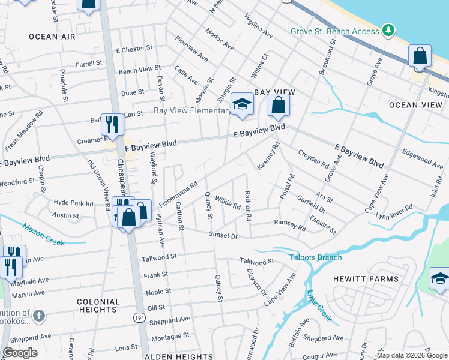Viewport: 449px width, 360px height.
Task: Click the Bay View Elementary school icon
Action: pos(242,104)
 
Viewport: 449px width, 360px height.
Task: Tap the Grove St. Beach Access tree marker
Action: pos(388,30)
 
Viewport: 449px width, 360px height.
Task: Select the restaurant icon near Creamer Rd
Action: pos(112,124)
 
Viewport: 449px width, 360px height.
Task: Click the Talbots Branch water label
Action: pos(316,257)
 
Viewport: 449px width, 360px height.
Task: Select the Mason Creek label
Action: pos(43,235)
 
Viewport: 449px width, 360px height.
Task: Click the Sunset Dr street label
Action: pos(223,236)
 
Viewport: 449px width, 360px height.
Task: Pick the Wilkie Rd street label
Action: pos(228,204)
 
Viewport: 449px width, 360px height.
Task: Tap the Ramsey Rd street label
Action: pos(290,224)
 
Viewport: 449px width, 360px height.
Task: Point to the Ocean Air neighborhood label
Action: pos(53,37)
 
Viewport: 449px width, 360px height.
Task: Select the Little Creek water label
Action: pos(319,305)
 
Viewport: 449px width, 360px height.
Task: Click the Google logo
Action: pos(20,353)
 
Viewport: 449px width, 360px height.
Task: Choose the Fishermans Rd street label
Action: pos(179,193)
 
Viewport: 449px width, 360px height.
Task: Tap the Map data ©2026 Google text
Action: pos(412,355)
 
